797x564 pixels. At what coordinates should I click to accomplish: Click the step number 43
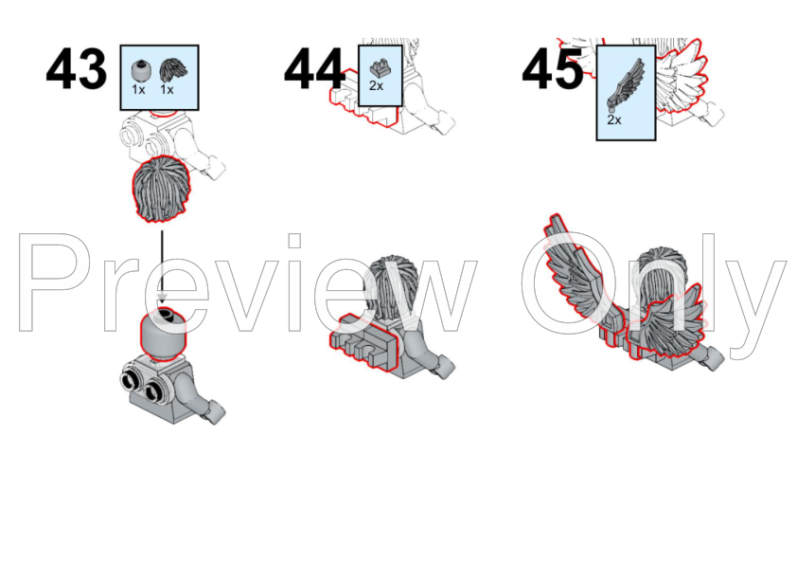point(77,68)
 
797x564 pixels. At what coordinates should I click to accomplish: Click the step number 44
point(314,68)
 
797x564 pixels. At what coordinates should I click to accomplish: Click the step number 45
point(553,68)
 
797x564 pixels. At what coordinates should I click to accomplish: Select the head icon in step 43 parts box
point(140,71)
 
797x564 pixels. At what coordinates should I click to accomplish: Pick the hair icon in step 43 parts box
point(173,71)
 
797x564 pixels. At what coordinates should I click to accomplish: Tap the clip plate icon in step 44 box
point(381,68)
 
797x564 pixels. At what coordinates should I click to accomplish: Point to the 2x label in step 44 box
point(376,86)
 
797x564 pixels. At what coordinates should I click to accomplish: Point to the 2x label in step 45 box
point(614,120)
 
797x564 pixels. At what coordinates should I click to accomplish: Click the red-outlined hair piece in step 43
point(162,190)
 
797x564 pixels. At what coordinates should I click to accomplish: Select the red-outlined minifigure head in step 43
point(163,335)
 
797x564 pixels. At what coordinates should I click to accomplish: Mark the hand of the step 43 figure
point(214,411)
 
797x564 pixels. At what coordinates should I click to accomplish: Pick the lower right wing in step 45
point(665,323)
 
